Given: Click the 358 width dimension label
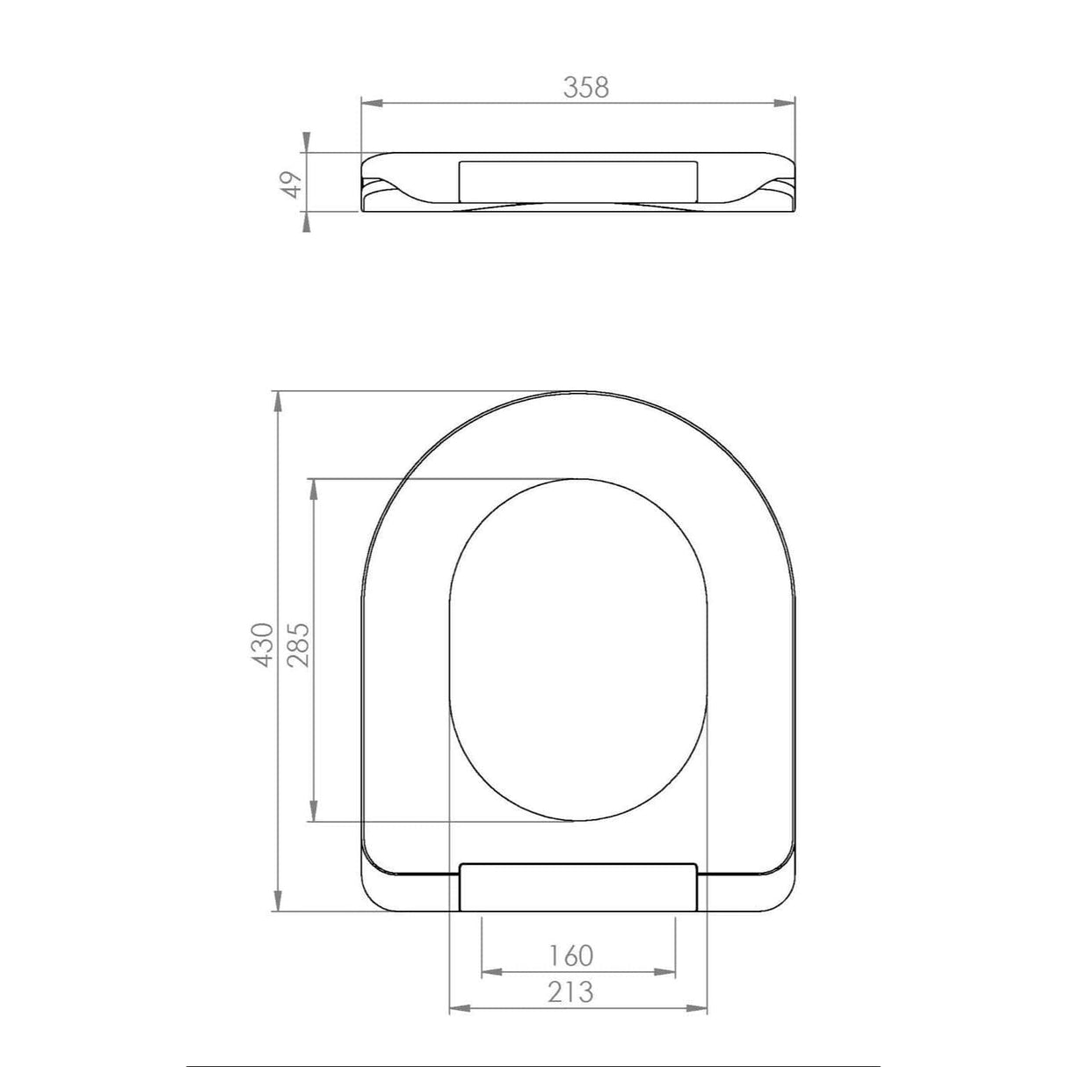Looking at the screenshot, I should click(x=585, y=88).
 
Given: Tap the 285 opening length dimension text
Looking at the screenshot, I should click(x=296, y=646).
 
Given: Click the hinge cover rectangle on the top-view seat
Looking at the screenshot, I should click(x=578, y=886).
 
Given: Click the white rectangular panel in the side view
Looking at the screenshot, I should click(x=578, y=181).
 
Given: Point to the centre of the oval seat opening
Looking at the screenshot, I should click(x=578, y=650).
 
